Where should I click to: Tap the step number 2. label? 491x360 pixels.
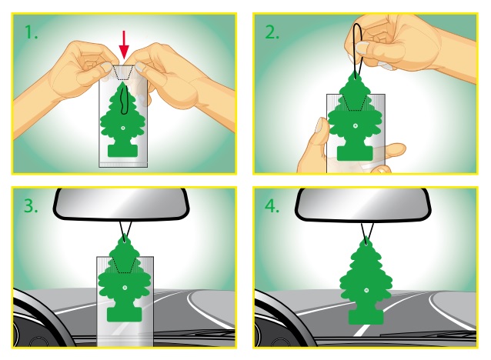click(272, 34)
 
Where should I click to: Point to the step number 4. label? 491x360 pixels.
click(272, 206)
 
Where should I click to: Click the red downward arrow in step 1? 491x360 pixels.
click(125, 45)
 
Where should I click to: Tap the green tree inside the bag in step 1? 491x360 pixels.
click(122, 123)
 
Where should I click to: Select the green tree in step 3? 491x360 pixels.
click(122, 285)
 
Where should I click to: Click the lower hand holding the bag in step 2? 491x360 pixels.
click(314, 146)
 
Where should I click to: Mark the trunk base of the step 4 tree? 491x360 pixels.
click(366, 316)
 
